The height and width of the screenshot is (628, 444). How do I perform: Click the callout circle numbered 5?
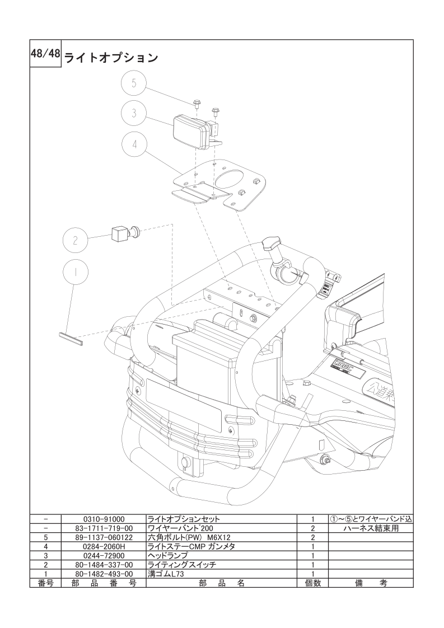134,83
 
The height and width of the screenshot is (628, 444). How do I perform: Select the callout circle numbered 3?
134,113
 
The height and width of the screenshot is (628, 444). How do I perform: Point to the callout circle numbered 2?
76,240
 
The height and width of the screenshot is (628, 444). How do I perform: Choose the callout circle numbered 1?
76,271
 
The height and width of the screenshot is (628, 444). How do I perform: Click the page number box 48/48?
45,53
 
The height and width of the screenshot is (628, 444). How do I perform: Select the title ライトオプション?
111,58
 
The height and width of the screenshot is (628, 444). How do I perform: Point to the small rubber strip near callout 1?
70,339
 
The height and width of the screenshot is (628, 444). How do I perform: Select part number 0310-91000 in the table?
104,519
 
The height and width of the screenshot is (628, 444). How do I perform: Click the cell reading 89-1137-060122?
104,537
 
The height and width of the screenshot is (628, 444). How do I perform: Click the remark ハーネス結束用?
371,528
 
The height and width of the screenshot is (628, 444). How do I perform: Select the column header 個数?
312,583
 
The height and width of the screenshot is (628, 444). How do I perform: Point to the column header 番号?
45,583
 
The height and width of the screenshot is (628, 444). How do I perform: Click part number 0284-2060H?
104,547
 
